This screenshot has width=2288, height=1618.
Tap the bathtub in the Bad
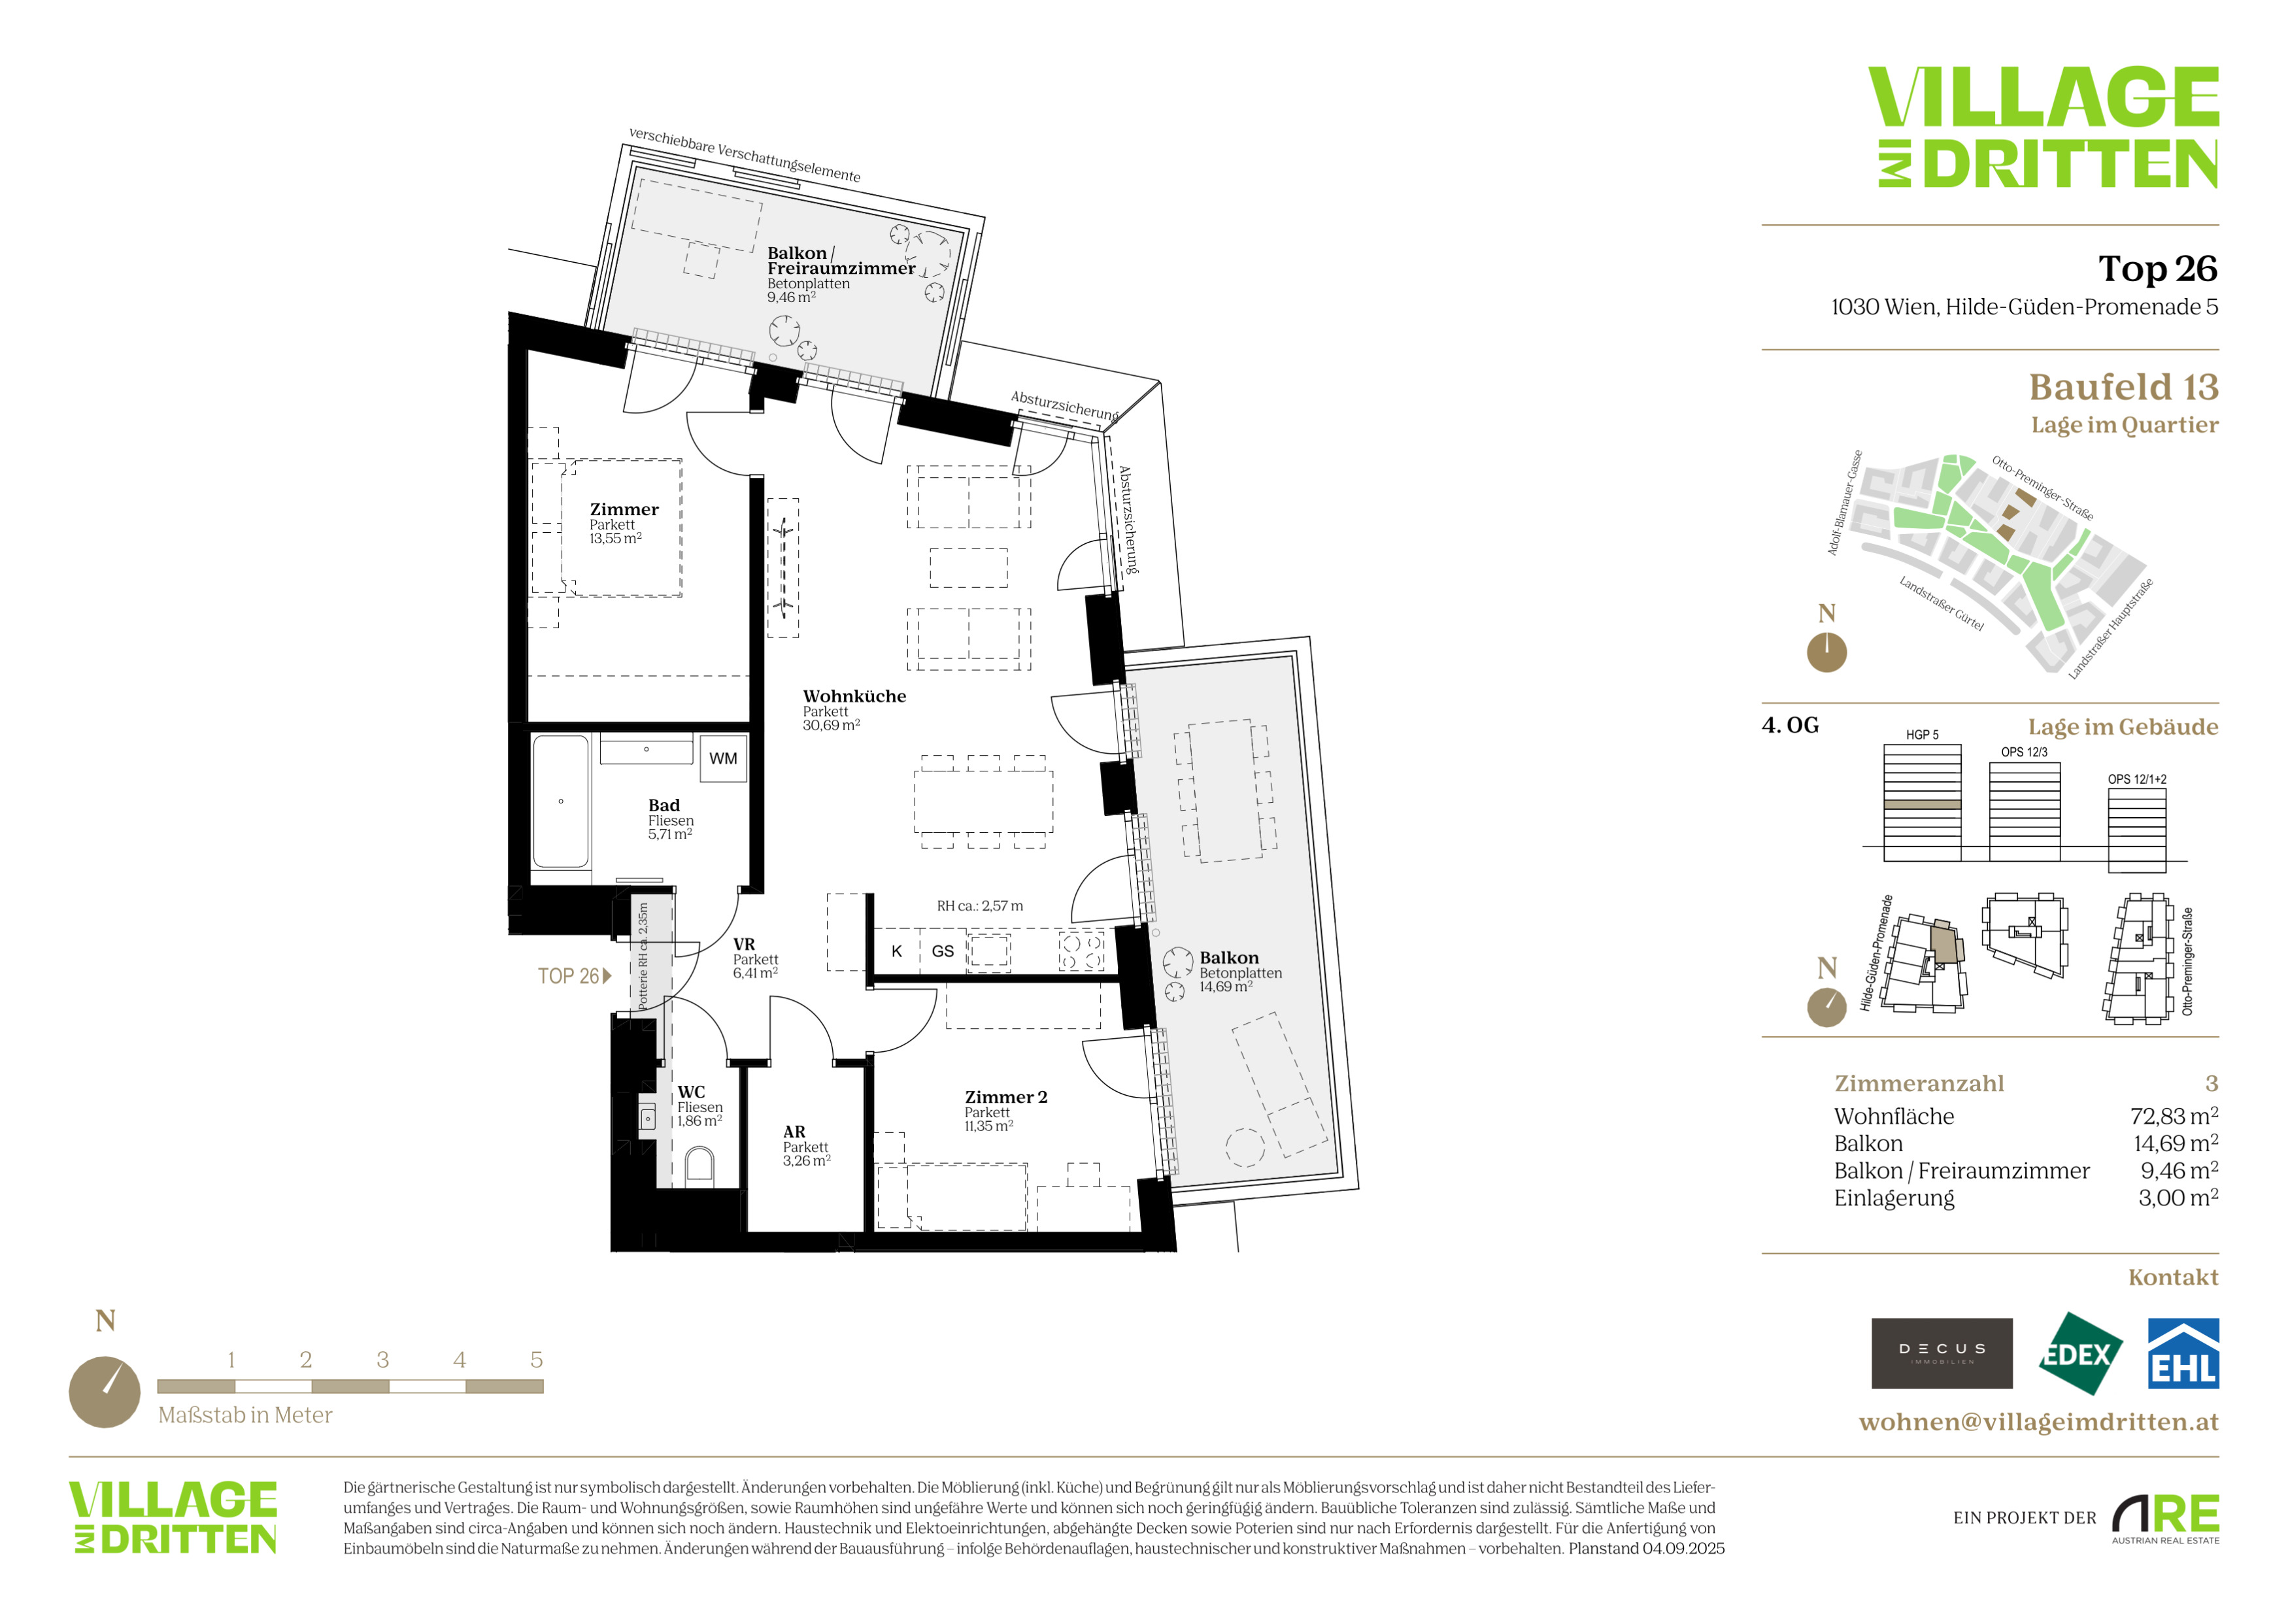pos(560,802)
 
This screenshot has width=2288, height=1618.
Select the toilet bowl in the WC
pos(699,1167)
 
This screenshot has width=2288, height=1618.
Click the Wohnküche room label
pos(854,696)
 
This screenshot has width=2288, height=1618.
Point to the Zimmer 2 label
pos(1005,1097)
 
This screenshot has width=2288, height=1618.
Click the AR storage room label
pos(794,1132)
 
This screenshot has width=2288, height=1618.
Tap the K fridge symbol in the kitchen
pos(897,951)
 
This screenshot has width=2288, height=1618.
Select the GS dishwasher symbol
pos(942,951)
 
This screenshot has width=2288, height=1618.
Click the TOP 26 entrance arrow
pos(607,977)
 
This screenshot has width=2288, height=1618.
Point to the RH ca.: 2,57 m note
pos(979,905)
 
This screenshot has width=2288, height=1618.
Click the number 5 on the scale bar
pos(536,1360)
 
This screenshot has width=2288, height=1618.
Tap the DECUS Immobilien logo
pos(1942,1353)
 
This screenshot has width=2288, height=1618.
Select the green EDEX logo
pos(2079,1353)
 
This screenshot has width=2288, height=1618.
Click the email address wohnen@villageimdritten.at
pos(2039,1422)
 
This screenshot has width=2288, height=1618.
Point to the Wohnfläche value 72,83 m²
pos(2174,1117)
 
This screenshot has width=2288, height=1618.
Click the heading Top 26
pos(2159,268)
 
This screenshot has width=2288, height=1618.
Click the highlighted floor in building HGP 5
pos(1923,804)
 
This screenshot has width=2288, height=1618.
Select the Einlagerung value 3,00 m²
pos(2178,1198)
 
